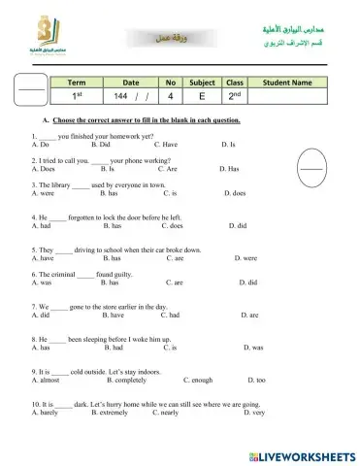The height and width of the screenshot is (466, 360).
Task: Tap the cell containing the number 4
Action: pos(170,98)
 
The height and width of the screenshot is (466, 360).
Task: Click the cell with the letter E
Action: pos(202,98)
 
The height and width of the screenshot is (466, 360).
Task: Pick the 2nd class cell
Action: pos(234,97)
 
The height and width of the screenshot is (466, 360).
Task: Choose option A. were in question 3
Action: pos(42,193)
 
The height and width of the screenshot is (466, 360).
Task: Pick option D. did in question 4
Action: pos(239,225)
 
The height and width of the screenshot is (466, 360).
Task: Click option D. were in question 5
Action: pos(245,258)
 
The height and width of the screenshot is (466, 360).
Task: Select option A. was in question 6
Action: pos(41,283)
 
